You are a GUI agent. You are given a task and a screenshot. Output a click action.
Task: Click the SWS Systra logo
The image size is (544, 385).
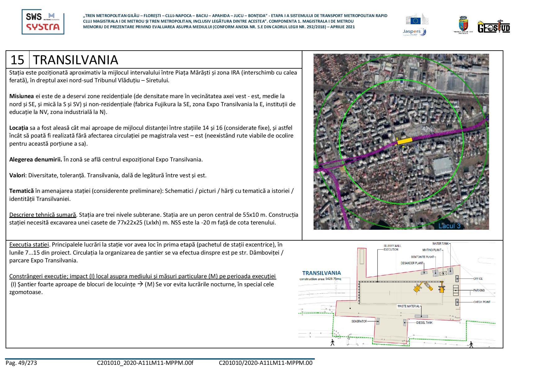[43, 22]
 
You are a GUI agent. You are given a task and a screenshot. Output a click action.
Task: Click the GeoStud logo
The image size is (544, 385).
[494, 26]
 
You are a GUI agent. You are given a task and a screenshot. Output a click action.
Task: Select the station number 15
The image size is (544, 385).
[17, 60]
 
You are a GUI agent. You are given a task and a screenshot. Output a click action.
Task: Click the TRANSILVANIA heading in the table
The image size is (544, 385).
[75, 60]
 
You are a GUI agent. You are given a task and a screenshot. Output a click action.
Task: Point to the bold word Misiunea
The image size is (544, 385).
[21, 96]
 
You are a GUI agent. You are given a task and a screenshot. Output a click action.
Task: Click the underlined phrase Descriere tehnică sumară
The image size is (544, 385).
[42, 215]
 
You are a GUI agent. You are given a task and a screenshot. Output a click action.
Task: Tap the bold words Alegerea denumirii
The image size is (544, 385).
[35, 160]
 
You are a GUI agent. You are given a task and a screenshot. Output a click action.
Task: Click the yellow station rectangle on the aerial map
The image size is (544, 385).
[404, 141]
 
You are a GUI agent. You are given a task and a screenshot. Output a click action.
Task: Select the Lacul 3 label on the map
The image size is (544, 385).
[449, 226]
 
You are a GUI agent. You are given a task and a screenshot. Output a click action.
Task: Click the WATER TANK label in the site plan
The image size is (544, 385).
[441, 244]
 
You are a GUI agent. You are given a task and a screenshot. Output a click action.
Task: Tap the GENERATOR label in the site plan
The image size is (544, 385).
[359, 321]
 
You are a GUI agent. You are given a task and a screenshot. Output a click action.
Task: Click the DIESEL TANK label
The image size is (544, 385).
[424, 323]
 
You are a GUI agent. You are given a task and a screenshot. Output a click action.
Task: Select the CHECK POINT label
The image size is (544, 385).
[482, 302]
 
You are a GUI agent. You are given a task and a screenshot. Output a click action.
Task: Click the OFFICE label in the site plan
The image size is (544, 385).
[478, 279]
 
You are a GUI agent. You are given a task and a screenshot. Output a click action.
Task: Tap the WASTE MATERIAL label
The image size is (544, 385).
[408, 306]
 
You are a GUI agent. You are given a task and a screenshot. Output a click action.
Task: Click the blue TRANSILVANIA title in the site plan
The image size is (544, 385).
[321, 273]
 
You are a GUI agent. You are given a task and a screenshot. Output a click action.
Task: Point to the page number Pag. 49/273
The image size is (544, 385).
[21, 363]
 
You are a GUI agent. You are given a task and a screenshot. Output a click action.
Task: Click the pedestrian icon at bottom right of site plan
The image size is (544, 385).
[471, 344]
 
